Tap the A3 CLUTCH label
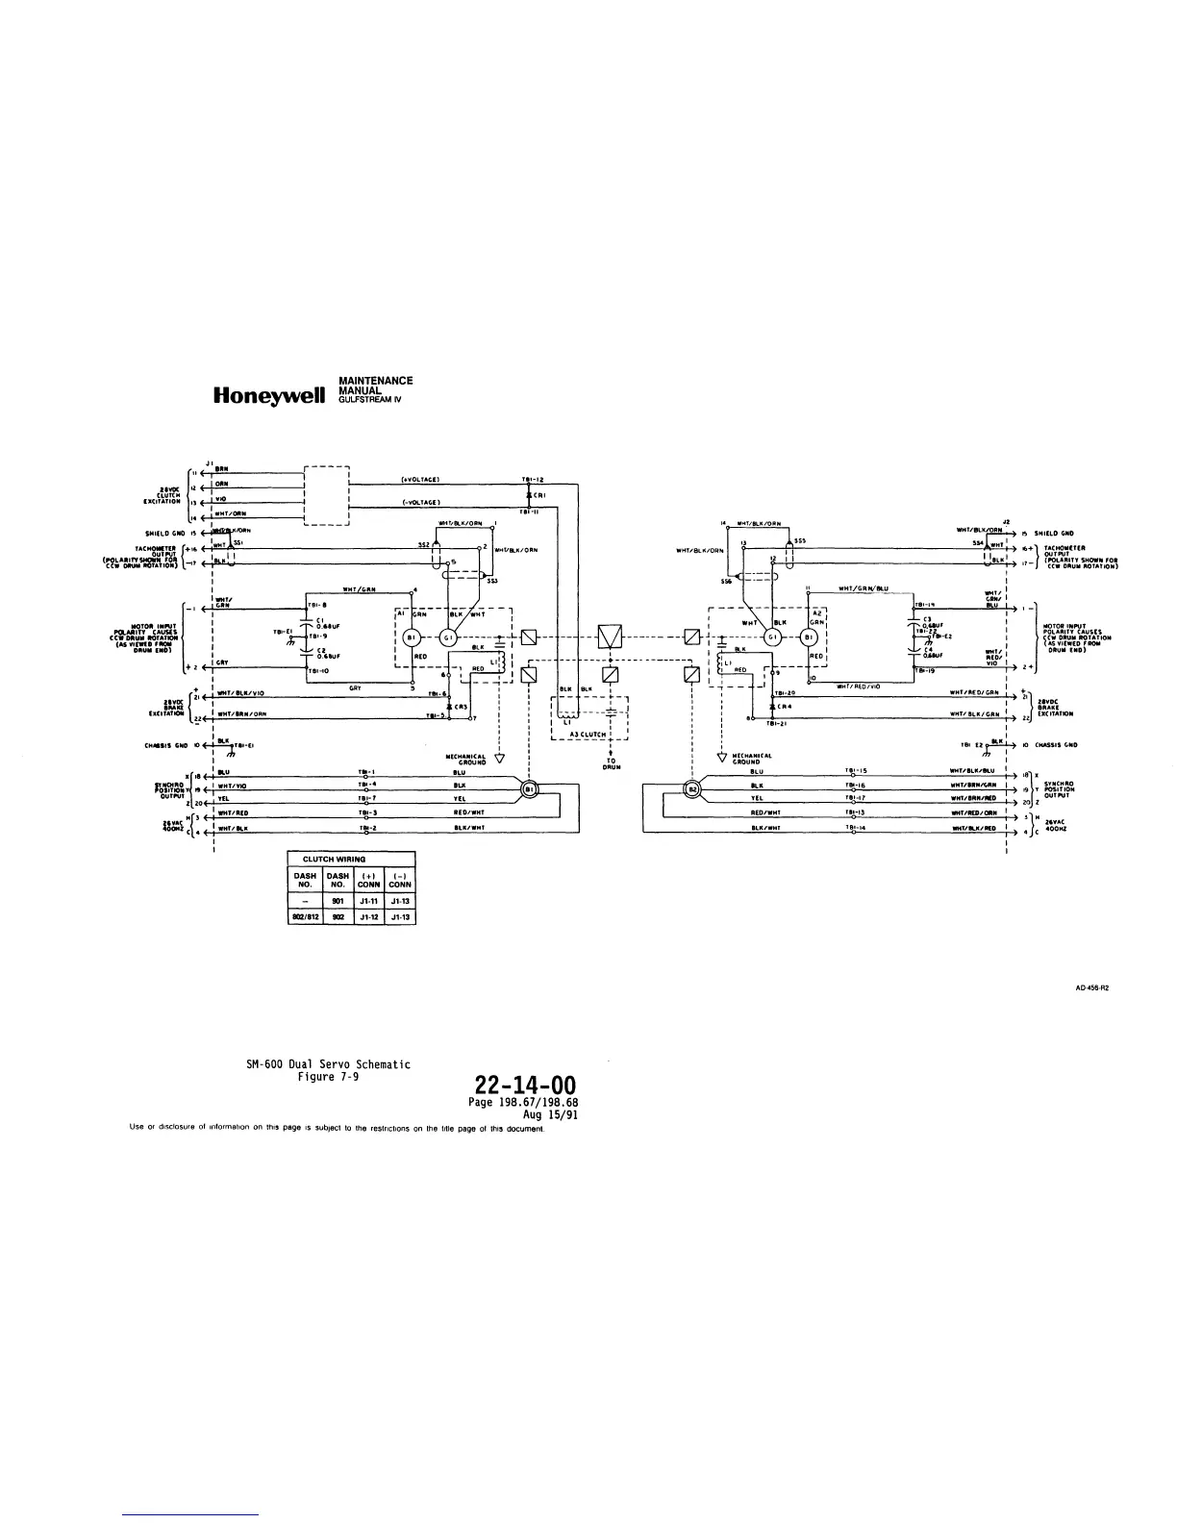pyautogui.click(x=588, y=734)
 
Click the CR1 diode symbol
pyautogui.click(x=529, y=496)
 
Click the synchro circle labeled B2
pyautogui.click(x=691, y=789)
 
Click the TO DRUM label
pyautogui.click(x=612, y=763)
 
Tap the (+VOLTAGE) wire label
pyautogui.click(x=420, y=479)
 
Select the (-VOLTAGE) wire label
pyautogui.click(x=420, y=502)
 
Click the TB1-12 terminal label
pyautogui.click(x=533, y=479)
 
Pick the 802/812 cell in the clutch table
pyautogui.click(x=304, y=917)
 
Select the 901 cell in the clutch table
pyautogui.click(x=337, y=901)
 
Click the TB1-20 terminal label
pyautogui.click(x=784, y=692)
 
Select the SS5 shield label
pyautogui.click(x=800, y=539)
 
